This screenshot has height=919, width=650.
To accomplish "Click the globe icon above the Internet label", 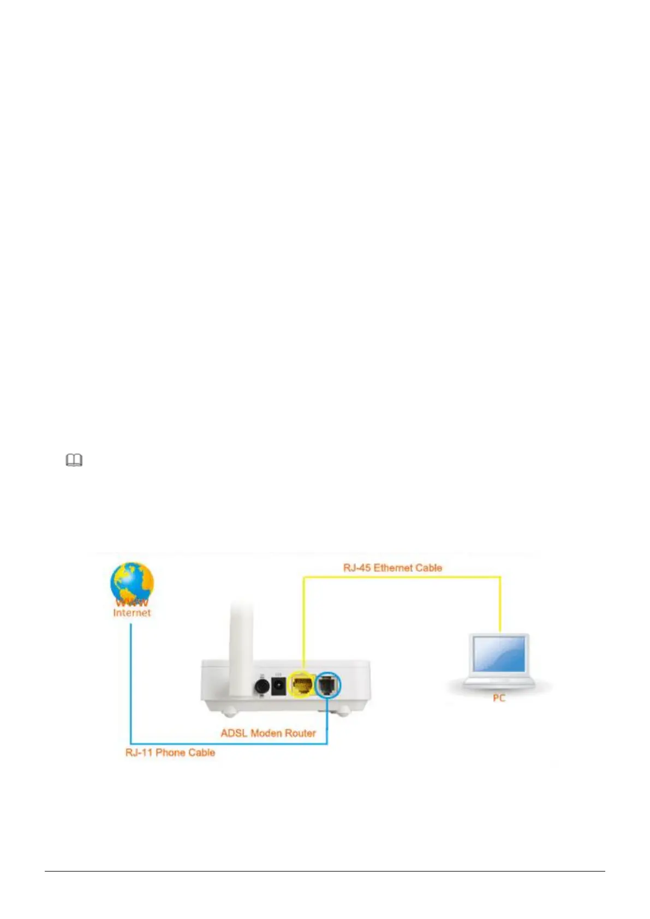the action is pos(132,582).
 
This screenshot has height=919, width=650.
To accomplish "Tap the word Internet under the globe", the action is pos(132,613).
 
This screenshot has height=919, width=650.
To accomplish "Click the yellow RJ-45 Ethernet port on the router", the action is pos(302,684).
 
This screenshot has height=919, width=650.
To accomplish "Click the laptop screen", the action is pos(499,654).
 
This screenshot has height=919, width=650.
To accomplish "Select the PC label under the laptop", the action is pos(499,698).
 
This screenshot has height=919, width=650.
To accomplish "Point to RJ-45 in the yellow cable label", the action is pos(356,568).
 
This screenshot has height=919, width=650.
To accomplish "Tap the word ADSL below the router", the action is pos(234,733).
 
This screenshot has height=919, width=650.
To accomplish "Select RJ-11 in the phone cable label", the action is pos(139,753).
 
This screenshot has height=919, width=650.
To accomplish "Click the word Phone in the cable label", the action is pos(171,753).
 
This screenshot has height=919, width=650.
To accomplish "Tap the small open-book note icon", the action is pos(74,461).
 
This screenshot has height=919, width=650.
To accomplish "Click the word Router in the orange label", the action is pos(301,733).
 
